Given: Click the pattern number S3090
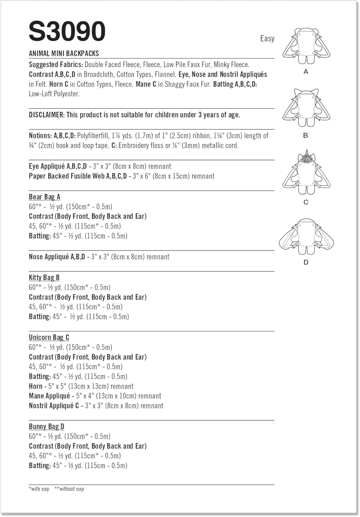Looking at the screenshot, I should pyautogui.click(x=67, y=31).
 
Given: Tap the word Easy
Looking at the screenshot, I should pyautogui.click(x=267, y=38).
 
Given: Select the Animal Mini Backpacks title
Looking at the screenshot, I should pyautogui.click(x=64, y=53).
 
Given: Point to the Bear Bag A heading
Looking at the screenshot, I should pyautogui.click(x=44, y=197).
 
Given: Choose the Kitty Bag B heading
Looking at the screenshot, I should pyautogui.click(x=44, y=277).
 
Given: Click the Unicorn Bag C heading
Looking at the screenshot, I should pyautogui.click(x=49, y=337).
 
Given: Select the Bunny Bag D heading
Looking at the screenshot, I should pyautogui.click(x=47, y=426).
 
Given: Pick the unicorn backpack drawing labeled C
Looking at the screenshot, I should pyautogui.click(x=306, y=174).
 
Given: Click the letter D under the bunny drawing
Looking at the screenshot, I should pyautogui.click(x=306, y=262).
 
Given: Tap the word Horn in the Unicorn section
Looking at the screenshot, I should pyautogui.click(x=36, y=386).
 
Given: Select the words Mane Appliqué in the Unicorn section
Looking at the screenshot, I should pyautogui.click(x=49, y=396).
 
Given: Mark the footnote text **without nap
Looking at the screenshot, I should pyautogui.click(x=69, y=489).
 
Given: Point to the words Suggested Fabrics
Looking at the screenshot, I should pyautogui.click(x=56, y=64).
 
